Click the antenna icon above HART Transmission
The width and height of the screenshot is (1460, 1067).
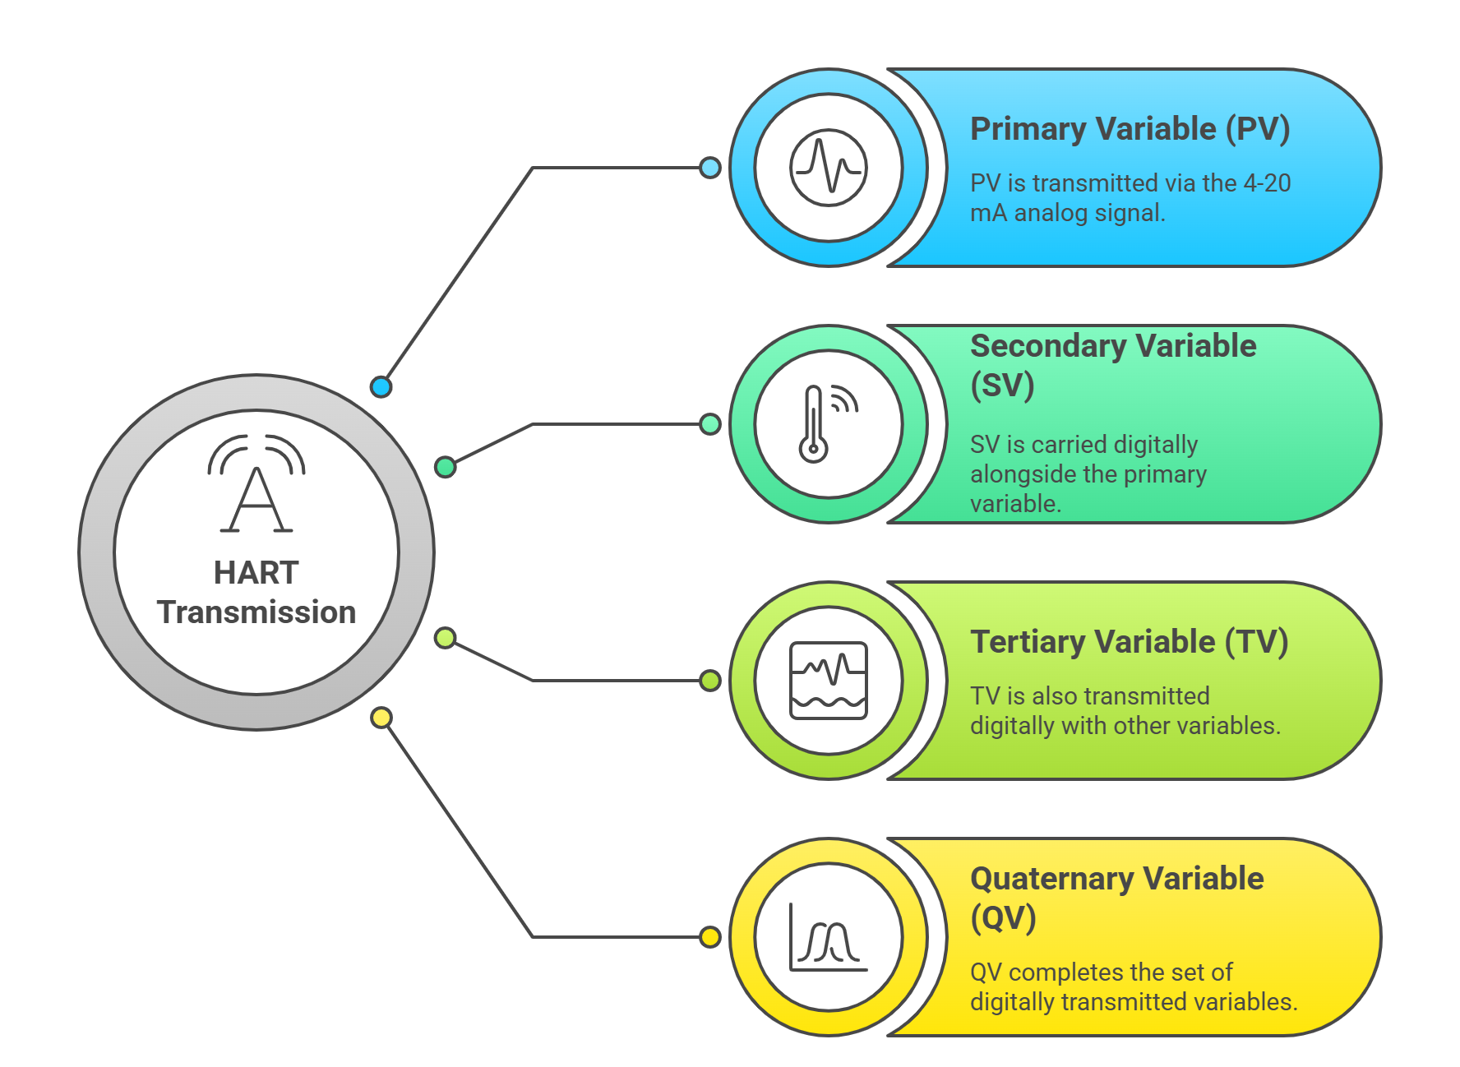[256, 485]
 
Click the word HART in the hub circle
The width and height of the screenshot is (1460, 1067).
[256, 573]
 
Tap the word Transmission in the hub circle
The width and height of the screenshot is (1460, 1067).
[256, 612]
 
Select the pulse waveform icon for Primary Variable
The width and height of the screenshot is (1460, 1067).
[828, 168]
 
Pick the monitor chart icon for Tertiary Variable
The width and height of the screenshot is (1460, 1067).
[828, 681]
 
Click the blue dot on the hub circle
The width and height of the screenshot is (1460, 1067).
[381, 386]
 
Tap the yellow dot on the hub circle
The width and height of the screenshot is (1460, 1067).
[381, 718]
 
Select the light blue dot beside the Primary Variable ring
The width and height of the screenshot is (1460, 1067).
[710, 168]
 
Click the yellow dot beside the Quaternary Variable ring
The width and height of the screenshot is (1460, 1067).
[710, 937]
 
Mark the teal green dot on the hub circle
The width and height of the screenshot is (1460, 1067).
[445, 467]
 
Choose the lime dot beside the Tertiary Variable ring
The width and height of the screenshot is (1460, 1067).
[710, 681]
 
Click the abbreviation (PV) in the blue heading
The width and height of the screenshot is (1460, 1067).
[1257, 130]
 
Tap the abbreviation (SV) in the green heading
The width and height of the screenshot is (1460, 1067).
[1002, 386]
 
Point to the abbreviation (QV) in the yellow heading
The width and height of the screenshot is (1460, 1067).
[1003, 918]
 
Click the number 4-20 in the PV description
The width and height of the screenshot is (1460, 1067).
[1266, 182]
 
